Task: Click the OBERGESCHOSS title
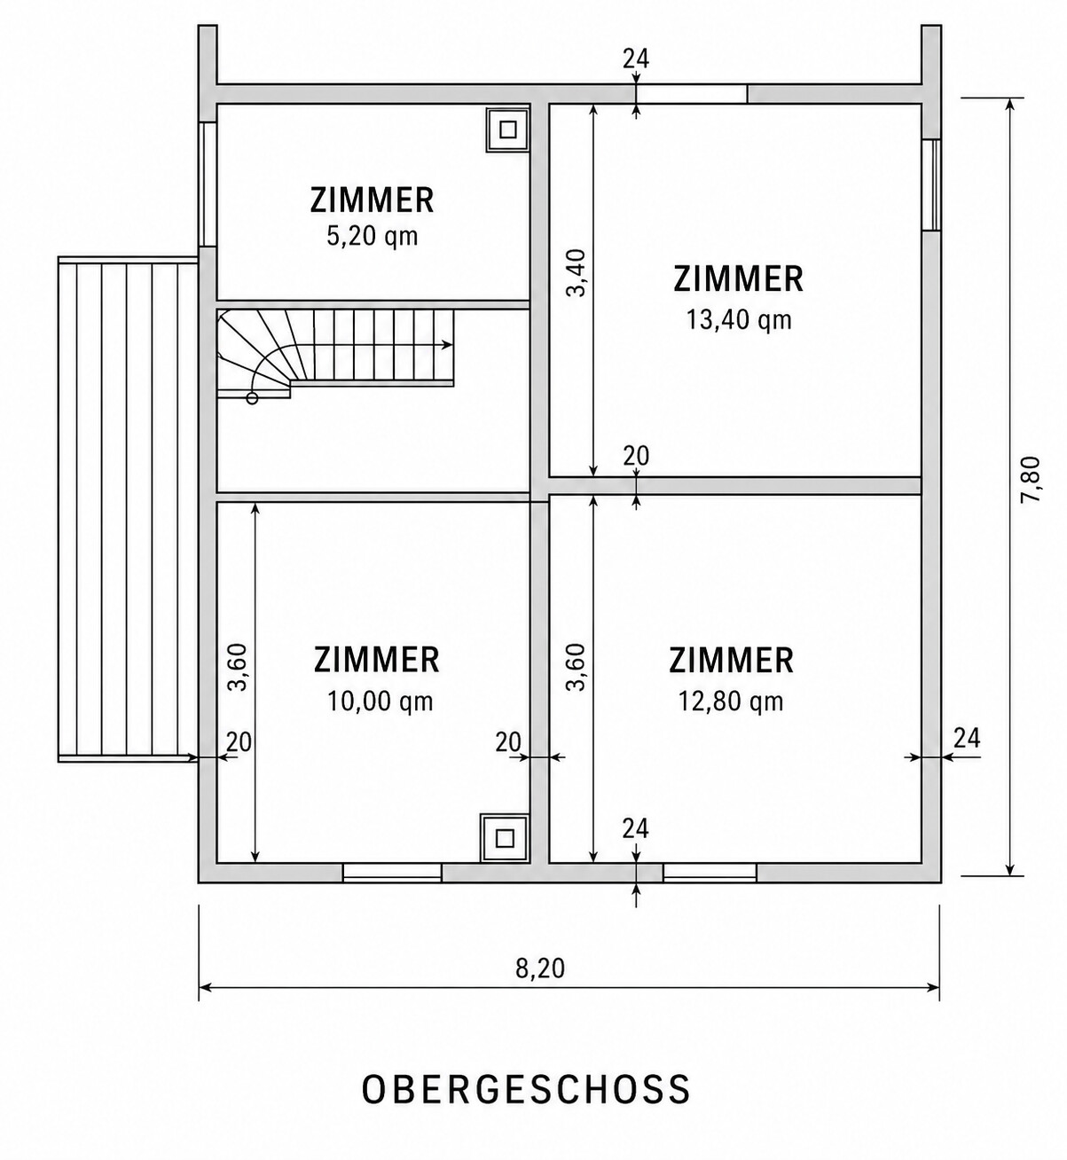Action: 526,1089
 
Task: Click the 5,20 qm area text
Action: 372,236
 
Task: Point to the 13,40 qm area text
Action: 739,320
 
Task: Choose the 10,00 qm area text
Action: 380,701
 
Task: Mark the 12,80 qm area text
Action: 731,701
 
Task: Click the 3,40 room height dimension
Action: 576,273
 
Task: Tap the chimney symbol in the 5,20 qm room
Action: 507,129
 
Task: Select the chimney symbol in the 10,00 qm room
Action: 505,838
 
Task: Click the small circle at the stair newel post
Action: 252,398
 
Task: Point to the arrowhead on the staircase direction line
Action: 447,345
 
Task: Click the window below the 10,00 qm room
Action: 392,873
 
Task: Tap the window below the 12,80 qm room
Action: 710,873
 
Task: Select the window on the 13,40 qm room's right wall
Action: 931,184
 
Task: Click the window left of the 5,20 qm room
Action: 207,184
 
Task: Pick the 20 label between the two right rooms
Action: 636,457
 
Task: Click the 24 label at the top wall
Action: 636,59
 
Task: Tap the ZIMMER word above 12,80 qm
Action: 731,661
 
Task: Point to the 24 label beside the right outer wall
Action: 967,739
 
